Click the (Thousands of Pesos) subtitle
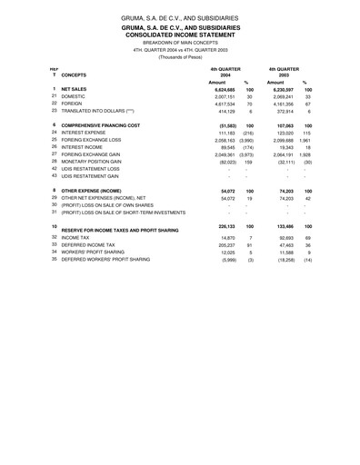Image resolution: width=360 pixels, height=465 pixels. coord(180,56)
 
